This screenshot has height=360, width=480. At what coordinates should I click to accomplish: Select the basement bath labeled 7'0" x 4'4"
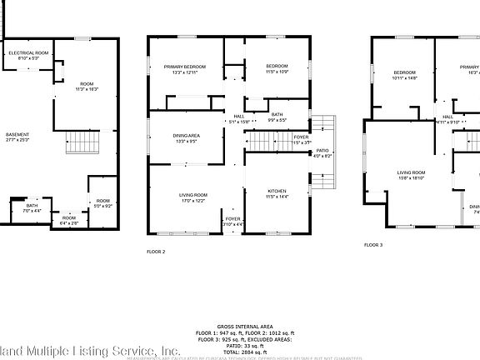[x=31, y=208]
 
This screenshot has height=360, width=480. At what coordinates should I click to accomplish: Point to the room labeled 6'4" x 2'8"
[x=69, y=221]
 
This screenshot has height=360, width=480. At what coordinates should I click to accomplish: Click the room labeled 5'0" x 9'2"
[x=102, y=202]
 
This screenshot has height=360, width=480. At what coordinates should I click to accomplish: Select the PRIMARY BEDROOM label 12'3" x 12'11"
[x=184, y=69]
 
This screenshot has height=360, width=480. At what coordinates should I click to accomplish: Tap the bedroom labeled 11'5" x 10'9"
[x=277, y=69]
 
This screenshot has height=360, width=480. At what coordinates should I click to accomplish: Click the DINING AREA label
[x=185, y=138]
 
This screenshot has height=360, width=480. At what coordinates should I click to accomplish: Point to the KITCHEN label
[x=277, y=192]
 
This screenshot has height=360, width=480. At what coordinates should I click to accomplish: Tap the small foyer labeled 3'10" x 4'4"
[x=233, y=221]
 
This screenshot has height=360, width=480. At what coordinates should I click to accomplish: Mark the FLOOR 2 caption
[x=156, y=249]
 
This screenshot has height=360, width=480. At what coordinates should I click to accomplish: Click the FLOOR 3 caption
[x=373, y=245]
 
